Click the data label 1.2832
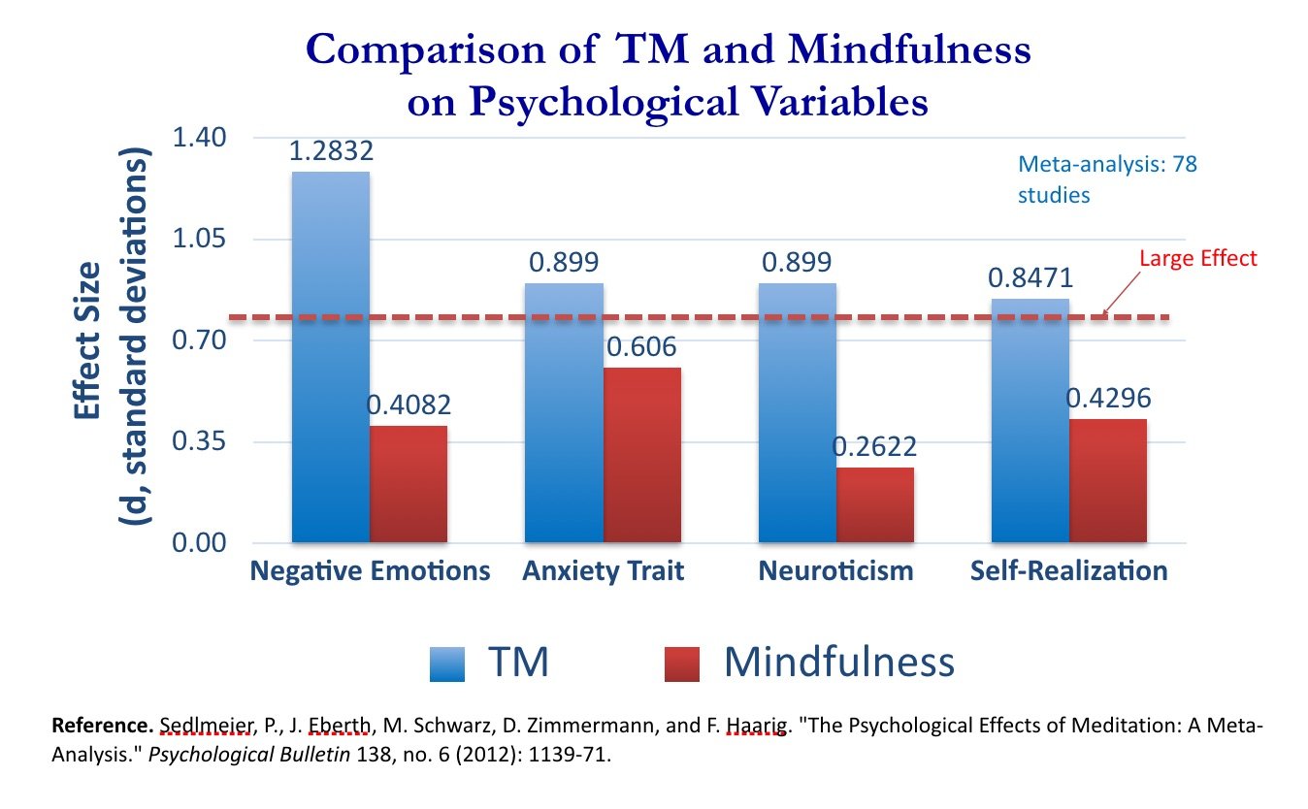pyautogui.click(x=331, y=152)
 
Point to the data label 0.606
pyautogui.click(x=641, y=347)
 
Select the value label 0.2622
pyautogui.click(x=874, y=447)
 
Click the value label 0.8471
pyautogui.click(x=1030, y=278)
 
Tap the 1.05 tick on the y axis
pyautogui.click(x=199, y=239)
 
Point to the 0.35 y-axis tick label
pyautogui.click(x=199, y=441)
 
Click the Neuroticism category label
pyautogui.click(x=835, y=570)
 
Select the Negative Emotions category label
pyautogui.click(x=370, y=570)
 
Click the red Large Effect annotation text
pyautogui.click(x=1197, y=258)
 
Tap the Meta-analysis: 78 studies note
pyautogui.click(x=1107, y=179)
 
